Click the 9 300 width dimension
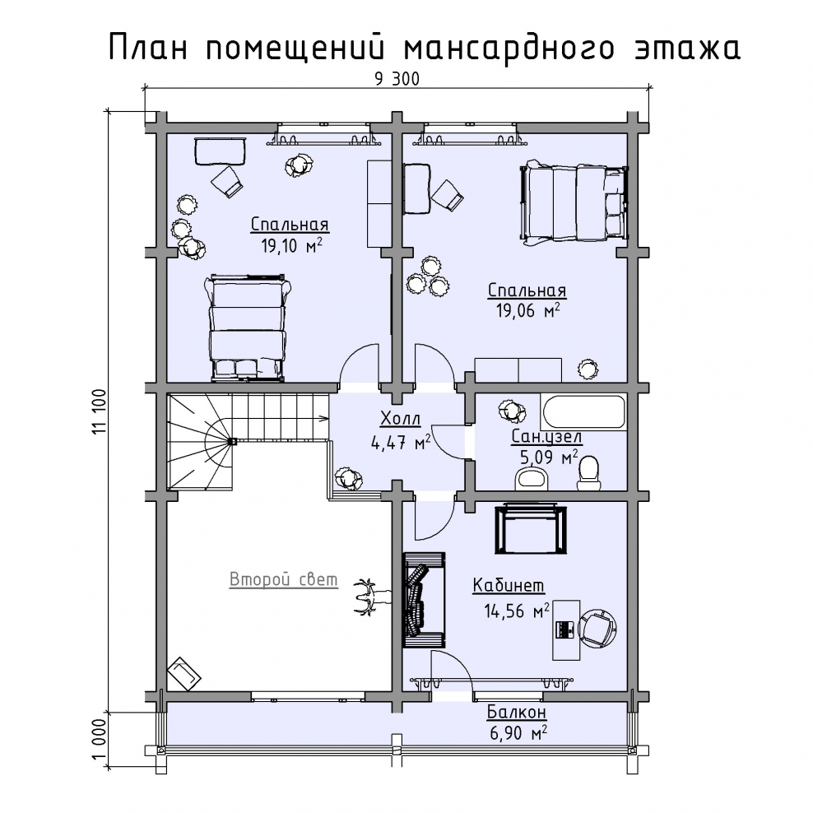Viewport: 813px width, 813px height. click(397, 79)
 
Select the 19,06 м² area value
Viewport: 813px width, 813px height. click(527, 310)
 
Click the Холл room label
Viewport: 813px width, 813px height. click(400, 418)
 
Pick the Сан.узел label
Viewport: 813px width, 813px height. click(546, 437)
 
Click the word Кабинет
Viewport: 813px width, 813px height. click(509, 585)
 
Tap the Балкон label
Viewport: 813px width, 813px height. click(517, 712)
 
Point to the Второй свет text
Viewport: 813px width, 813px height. click(284, 579)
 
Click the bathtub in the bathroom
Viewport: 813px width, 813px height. click(583, 411)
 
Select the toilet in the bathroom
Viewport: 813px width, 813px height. click(589, 473)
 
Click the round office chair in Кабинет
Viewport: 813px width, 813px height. click(597, 629)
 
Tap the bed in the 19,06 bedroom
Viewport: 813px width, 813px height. click(574, 202)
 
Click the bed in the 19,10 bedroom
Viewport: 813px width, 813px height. click(247, 328)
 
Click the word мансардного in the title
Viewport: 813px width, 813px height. click(509, 49)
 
